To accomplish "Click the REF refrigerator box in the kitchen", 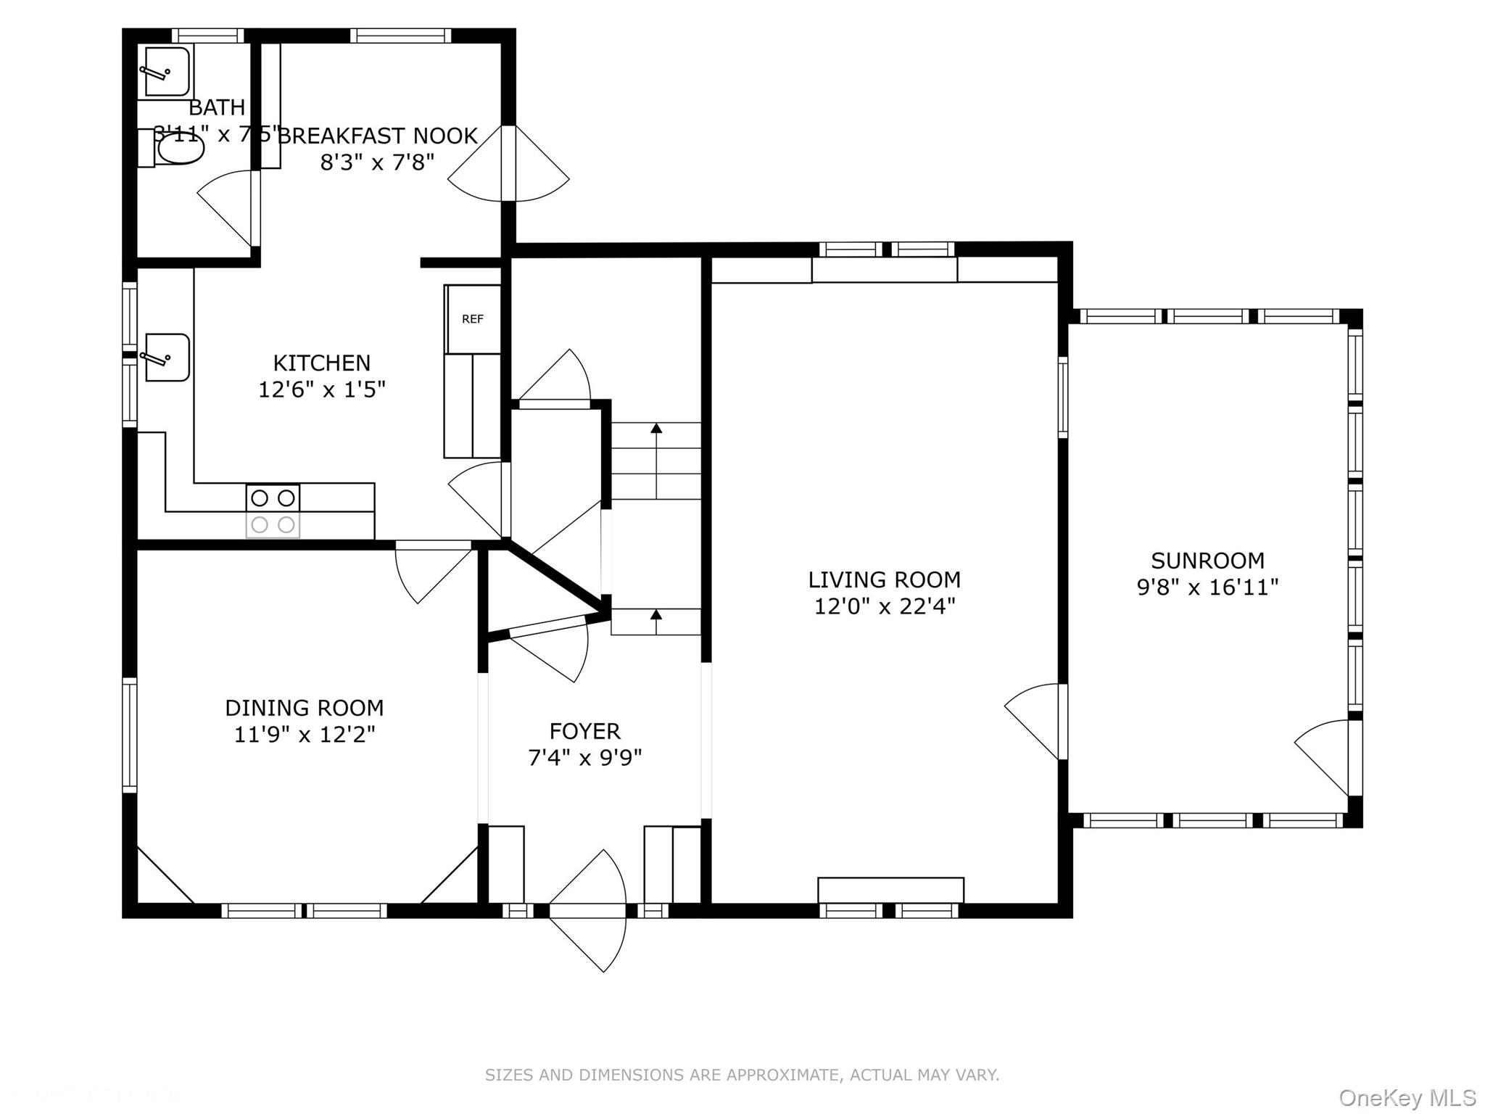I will tap(473, 319).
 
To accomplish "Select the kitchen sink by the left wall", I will tap(167, 357).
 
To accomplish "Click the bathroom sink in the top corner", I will tap(167, 71).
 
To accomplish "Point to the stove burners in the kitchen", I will tap(273, 511).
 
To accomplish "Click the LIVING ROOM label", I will tap(884, 579).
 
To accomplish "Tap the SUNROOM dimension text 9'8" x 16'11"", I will tap(1207, 587).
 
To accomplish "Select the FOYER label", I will tap(584, 730).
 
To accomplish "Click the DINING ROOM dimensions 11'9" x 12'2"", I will tap(305, 734).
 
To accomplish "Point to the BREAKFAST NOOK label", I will tap(378, 136).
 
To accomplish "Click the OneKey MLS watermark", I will tap(1407, 1098).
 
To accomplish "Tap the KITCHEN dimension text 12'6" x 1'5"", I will tap(322, 389).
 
